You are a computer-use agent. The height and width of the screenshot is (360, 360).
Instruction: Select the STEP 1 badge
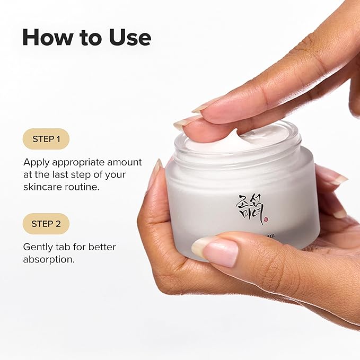tap(46, 139)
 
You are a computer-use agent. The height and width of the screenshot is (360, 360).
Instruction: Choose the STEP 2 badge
tap(46, 223)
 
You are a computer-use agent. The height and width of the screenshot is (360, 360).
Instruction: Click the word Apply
tap(36, 162)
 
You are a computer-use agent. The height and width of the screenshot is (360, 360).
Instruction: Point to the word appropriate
tap(78, 162)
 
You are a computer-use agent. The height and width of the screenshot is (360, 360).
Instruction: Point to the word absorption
tap(47, 260)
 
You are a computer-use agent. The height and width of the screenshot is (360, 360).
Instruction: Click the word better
tap(102, 247)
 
